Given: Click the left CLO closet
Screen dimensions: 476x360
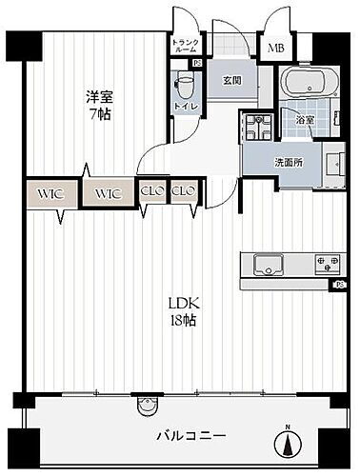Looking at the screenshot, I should [x=151, y=190].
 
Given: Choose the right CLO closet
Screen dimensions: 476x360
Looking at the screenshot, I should [x=183, y=190].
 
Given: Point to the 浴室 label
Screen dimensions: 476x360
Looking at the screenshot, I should [x=305, y=121].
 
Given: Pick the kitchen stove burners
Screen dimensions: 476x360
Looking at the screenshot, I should [x=327, y=262].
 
